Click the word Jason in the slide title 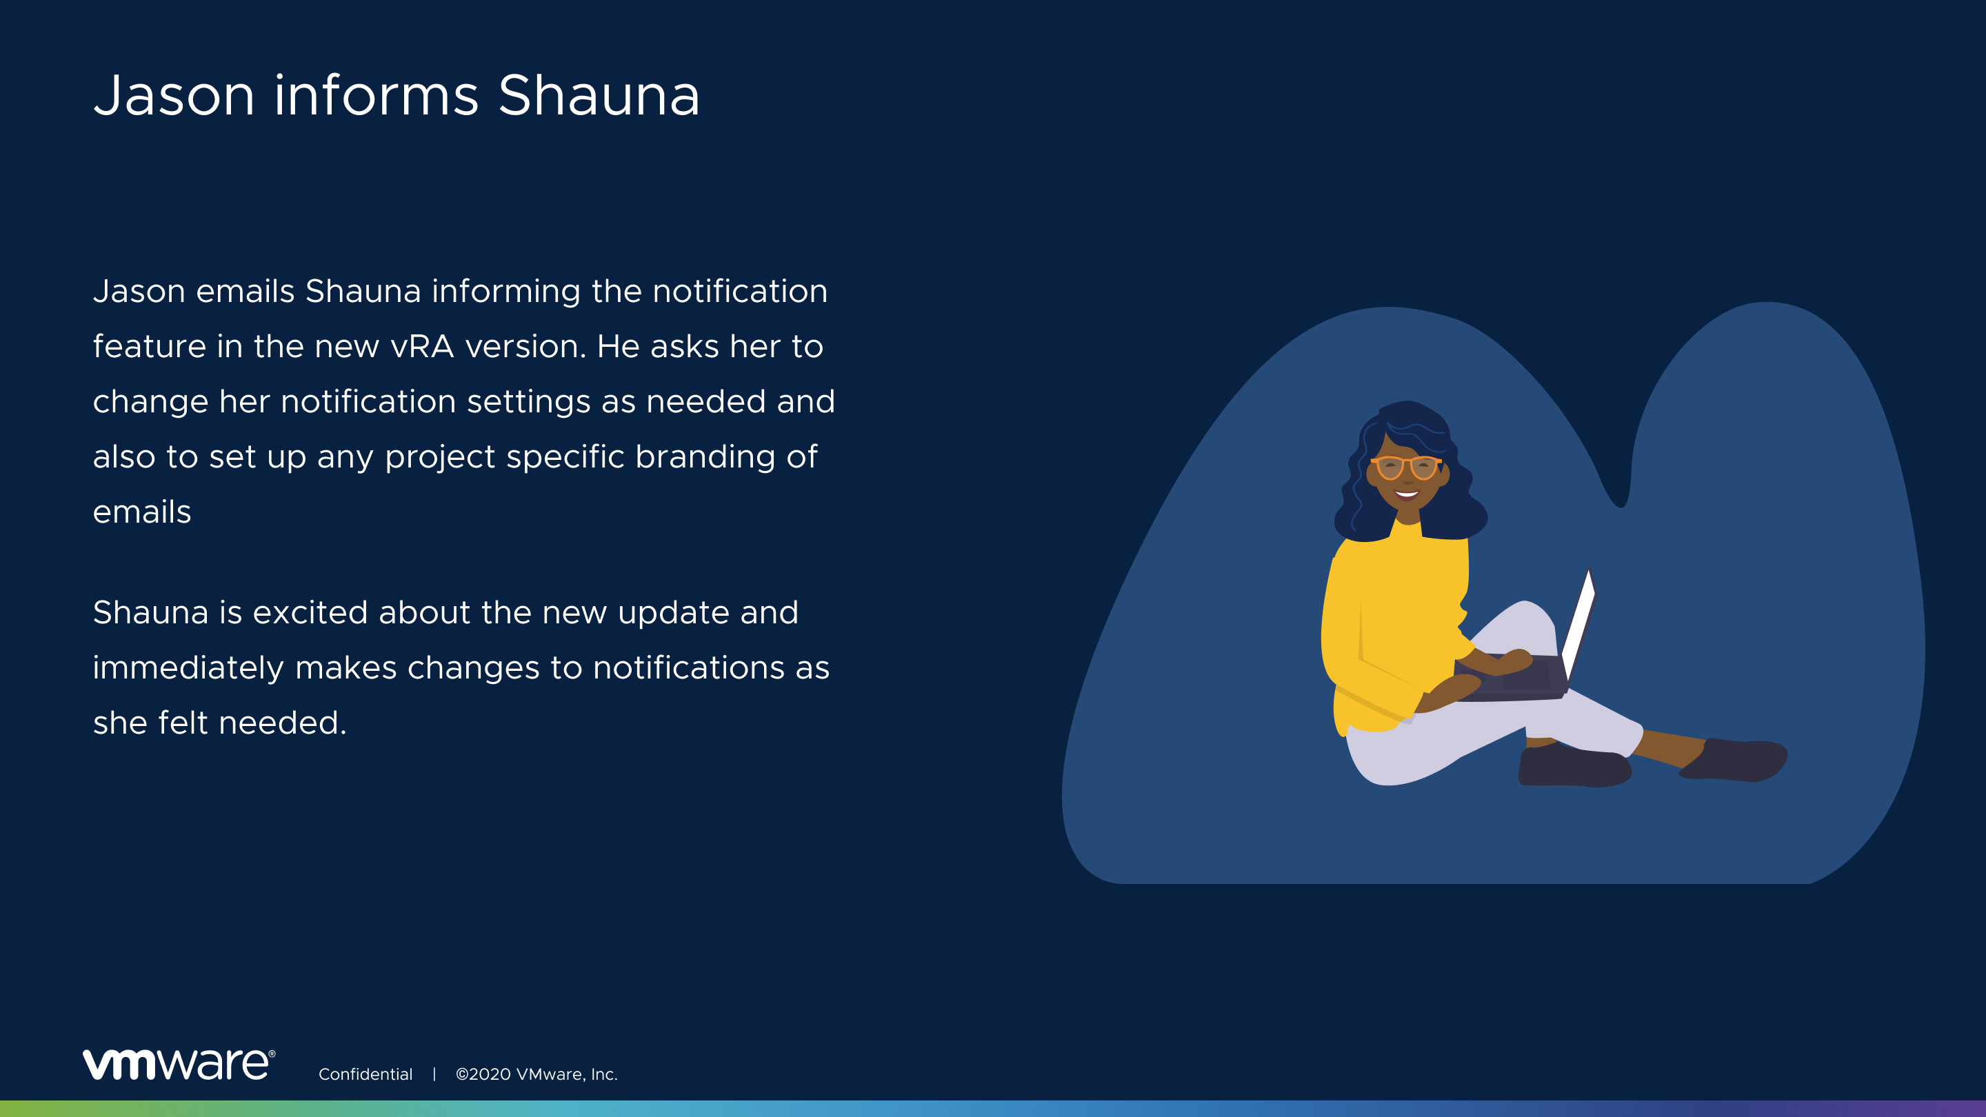[174, 96]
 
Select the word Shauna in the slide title [599, 96]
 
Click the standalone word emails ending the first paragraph [142, 512]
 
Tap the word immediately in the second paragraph [188, 668]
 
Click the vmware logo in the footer [179, 1065]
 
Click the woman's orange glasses [1406, 466]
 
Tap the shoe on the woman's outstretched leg [1735, 760]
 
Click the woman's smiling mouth [1407, 494]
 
